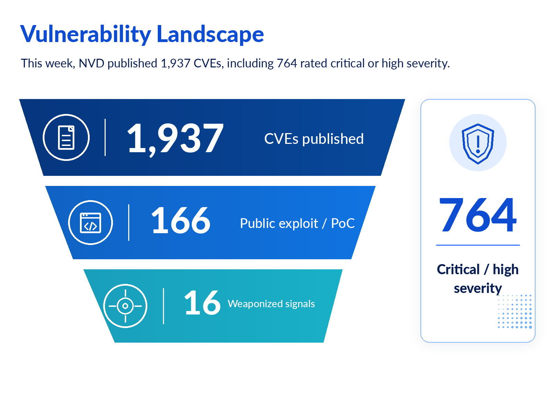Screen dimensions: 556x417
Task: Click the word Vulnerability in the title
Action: (85, 34)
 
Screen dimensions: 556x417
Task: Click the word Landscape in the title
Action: (210, 34)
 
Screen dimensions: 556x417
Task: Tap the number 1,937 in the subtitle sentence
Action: (175, 63)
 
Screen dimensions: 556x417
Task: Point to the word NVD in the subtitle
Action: (91, 63)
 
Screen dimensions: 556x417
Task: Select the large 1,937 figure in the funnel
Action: (175, 139)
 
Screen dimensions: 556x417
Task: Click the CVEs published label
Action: (314, 139)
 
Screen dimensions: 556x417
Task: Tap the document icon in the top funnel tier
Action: (66, 138)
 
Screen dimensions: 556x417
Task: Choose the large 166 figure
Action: (181, 220)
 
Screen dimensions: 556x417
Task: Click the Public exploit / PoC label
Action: (297, 223)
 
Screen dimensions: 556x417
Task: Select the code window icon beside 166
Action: (90, 223)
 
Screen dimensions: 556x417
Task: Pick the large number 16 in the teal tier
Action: (202, 303)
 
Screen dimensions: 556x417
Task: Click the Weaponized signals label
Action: (271, 304)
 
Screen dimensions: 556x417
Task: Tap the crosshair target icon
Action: (125, 306)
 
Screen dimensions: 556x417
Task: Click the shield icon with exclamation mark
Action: (478, 144)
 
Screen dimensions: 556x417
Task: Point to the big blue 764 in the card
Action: (478, 215)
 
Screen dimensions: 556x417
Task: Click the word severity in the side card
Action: (478, 288)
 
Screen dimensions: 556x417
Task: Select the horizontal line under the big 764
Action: (478, 245)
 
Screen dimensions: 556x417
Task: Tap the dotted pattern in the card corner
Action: (515, 311)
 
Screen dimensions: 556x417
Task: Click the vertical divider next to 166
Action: (129, 222)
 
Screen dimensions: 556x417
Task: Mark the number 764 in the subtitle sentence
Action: (287, 63)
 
